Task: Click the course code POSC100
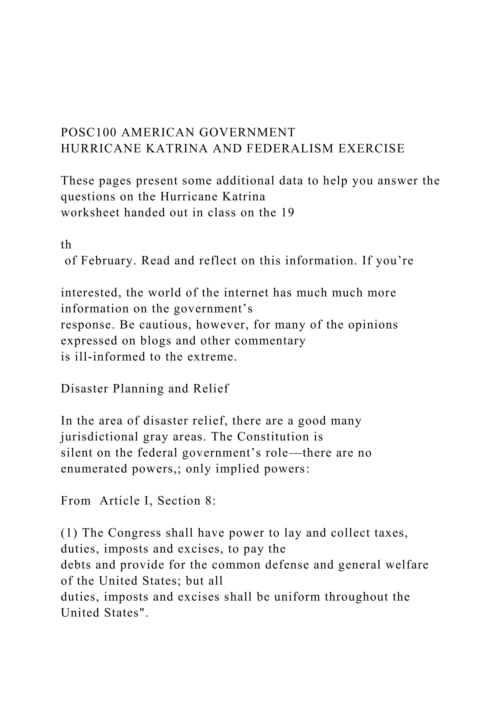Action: click(89, 132)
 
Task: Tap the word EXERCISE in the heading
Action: click(371, 149)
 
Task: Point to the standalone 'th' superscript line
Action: click(66, 245)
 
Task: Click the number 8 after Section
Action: click(208, 501)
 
